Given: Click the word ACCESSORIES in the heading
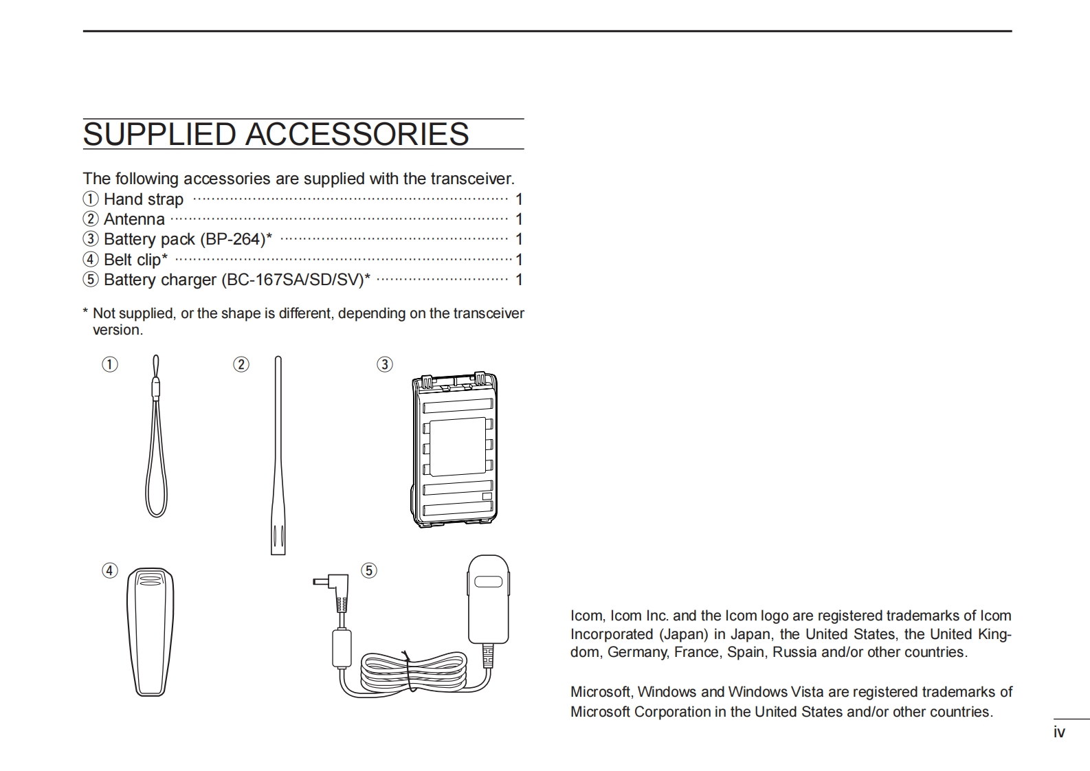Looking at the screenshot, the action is coord(357,134).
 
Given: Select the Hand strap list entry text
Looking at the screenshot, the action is coord(143,199).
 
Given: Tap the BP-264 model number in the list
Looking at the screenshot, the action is coord(233,239).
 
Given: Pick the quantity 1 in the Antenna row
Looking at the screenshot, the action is coord(519,219).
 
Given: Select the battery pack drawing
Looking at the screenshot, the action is coord(454,450).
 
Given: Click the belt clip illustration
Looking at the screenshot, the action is coord(151,632).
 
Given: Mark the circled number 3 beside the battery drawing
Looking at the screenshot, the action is coord(385,364).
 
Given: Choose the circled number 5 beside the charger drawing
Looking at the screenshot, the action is coord(369,570).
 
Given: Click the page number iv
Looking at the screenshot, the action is coord(1059,733).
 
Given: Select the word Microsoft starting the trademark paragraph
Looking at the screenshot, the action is coord(599,692).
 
